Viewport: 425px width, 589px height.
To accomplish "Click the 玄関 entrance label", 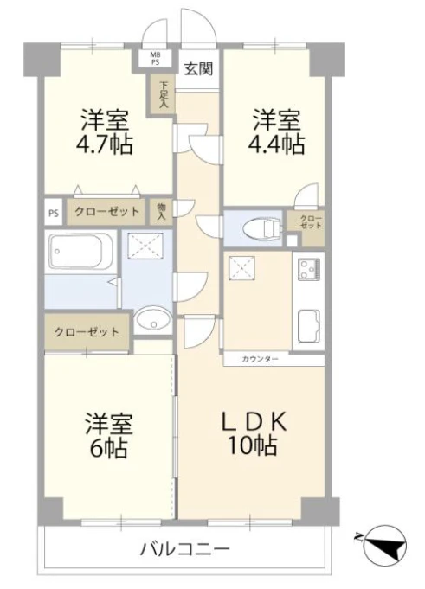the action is click(x=199, y=68).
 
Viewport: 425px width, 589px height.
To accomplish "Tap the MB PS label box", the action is click(x=156, y=58).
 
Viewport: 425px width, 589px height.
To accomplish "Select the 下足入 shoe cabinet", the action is click(x=163, y=94).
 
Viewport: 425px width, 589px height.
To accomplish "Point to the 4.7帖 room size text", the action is click(x=105, y=144).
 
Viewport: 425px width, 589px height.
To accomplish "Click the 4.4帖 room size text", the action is click(x=276, y=144).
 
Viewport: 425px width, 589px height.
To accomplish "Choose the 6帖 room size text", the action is click(x=108, y=446).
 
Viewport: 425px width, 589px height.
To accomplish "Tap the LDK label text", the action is click(x=254, y=421).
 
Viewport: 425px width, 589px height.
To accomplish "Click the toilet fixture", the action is click(x=262, y=228).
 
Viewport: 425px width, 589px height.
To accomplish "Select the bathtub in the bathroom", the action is click(x=81, y=251).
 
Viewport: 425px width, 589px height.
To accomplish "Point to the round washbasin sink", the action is click(x=151, y=321).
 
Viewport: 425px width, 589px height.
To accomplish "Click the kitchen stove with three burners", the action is click(x=309, y=269).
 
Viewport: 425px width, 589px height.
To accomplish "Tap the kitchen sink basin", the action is click(x=309, y=326).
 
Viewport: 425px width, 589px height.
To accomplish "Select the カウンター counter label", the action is click(x=261, y=359).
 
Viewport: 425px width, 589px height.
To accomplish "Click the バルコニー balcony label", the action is click(x=184, y=550).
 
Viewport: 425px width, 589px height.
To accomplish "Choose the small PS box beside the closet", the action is click(x=54, y=213).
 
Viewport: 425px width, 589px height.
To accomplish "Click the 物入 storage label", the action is click(x=162, y=211).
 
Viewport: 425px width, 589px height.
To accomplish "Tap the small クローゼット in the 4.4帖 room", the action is click(x=311, y=222).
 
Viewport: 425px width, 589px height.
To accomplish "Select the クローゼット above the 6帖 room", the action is click(x=87, y=332).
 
